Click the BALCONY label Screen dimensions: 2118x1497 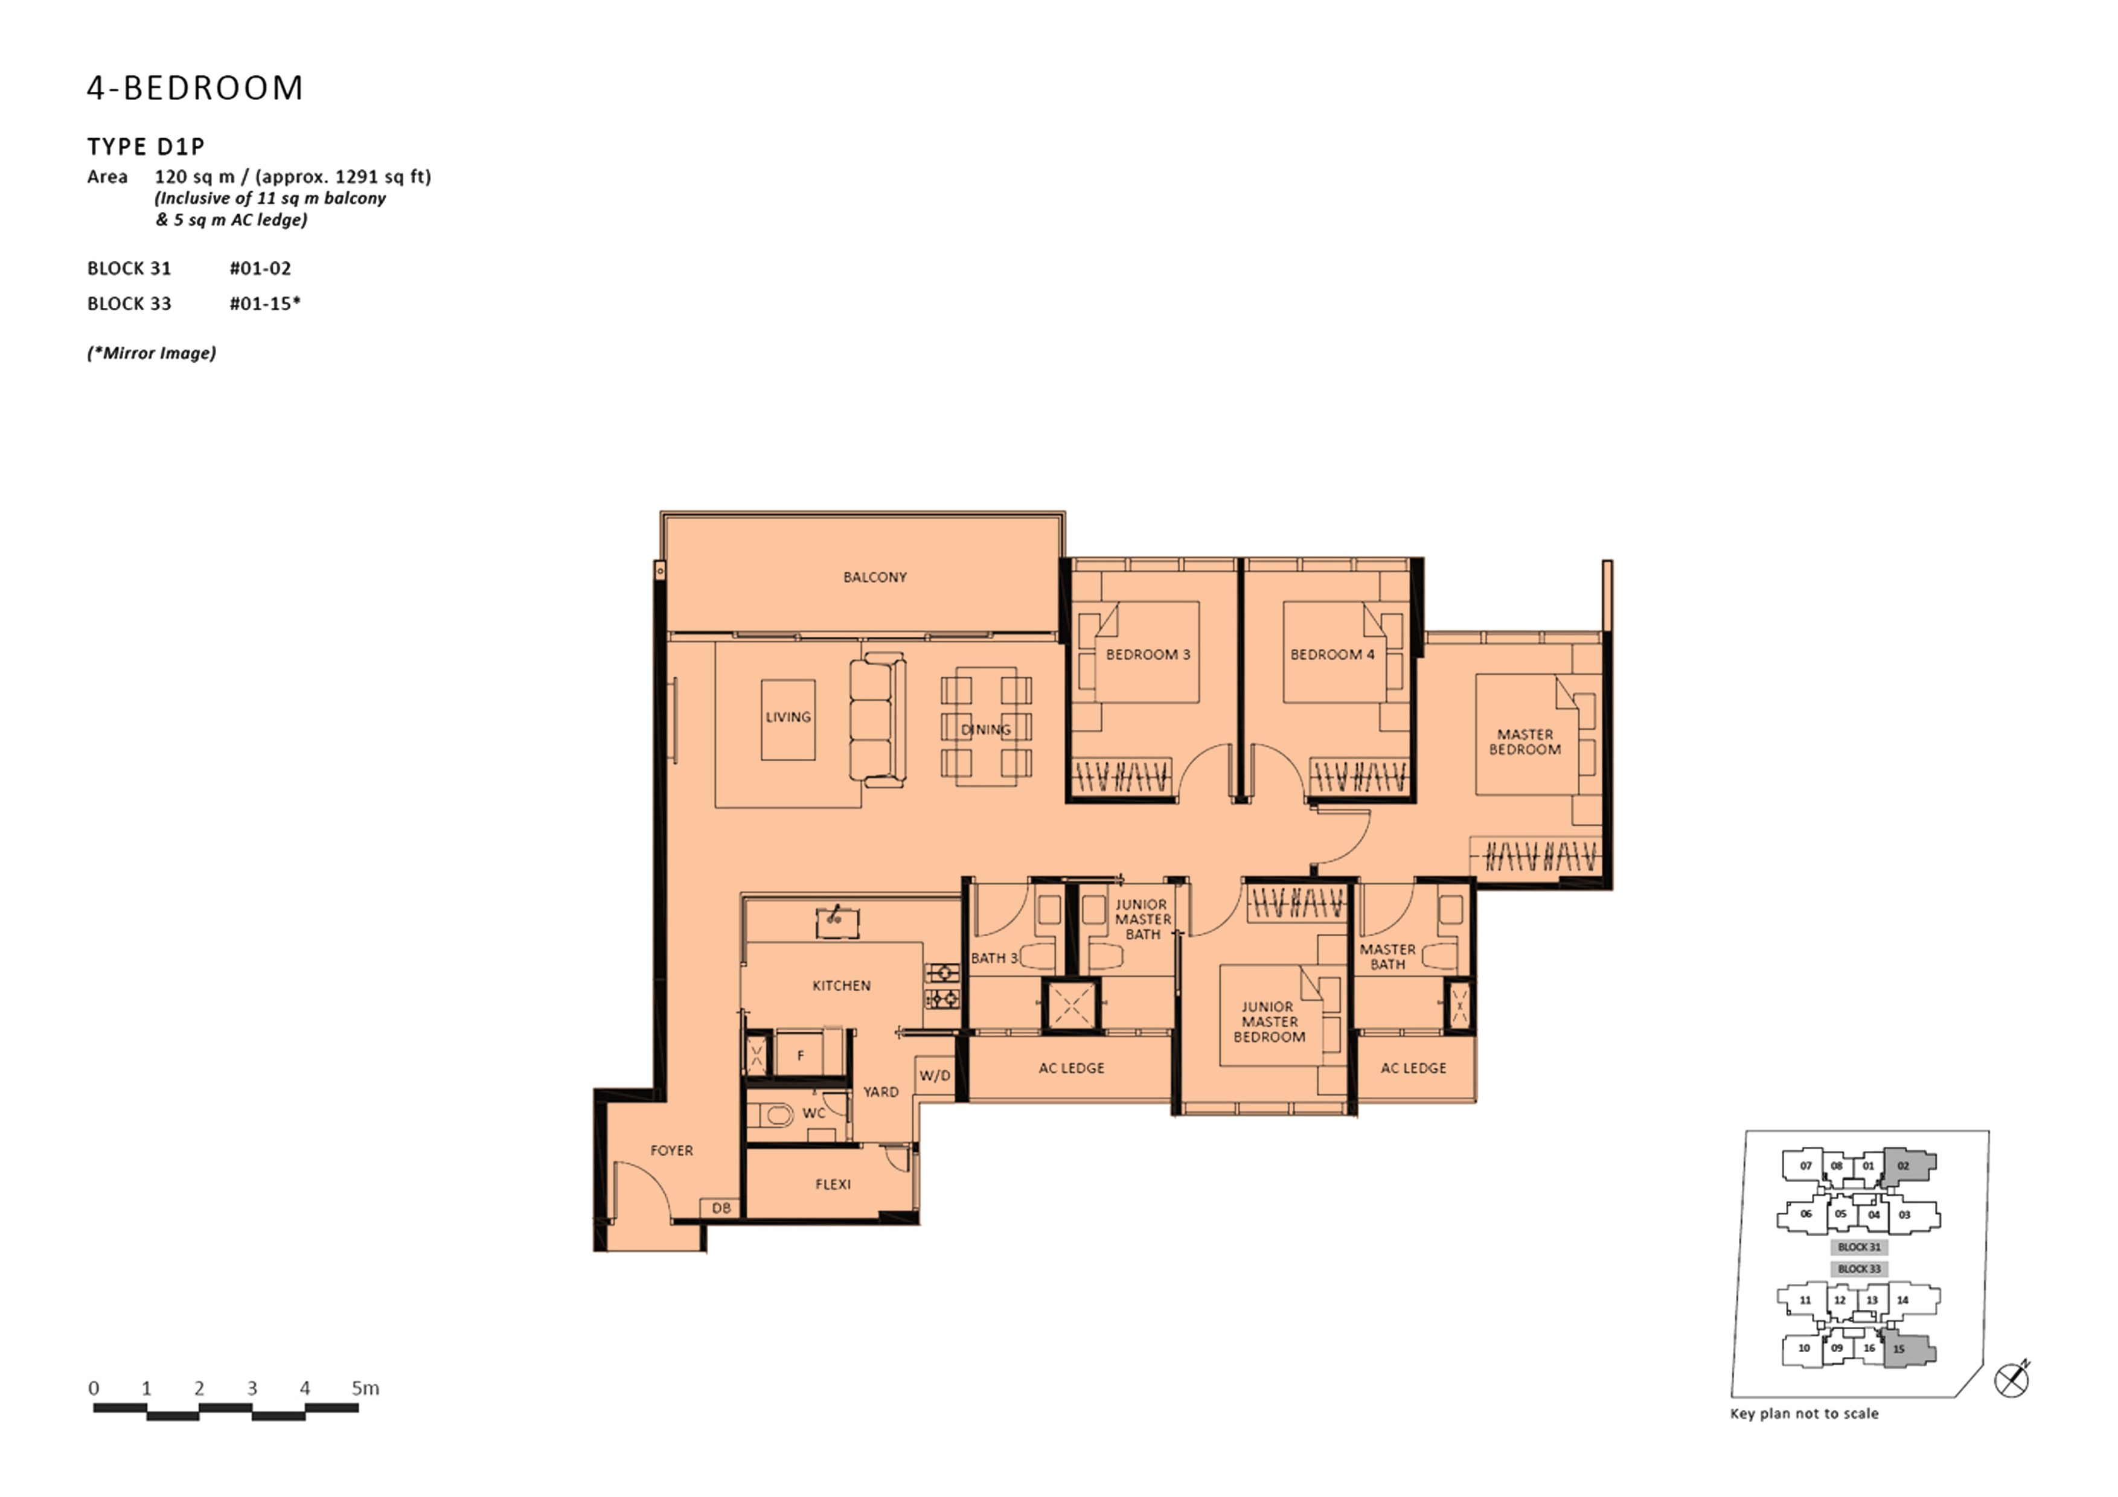tap(874, 578)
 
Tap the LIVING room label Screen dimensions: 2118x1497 tap(788, 717)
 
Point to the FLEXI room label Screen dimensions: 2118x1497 tap(833, 1184)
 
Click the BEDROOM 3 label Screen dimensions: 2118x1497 tap(1148, 654)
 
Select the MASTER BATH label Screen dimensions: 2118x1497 tap(1387, 957)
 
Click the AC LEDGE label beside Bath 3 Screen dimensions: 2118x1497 tap(1071, 1068)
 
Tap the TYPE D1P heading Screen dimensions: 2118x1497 tap(146, 147)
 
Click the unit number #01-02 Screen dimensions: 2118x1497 tap(260, 269)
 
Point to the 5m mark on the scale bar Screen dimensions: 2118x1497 tap(365, 1388)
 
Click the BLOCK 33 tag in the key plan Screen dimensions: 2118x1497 tap(1859, 1269)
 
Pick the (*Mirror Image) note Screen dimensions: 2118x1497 tap(152, 353)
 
